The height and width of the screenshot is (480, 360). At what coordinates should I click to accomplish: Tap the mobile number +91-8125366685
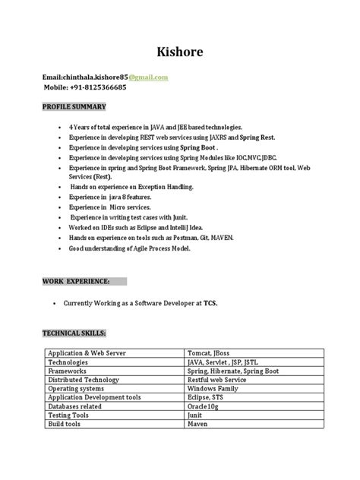tap(85, 87)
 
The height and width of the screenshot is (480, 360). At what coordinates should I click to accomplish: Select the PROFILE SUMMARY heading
tap(74, 106)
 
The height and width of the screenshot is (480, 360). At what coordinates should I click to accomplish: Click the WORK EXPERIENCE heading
tap(77, 281)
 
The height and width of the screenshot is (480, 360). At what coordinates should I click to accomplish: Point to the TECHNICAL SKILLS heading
tap(74, 333)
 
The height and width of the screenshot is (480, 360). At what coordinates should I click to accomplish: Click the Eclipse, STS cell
tap(208, 397)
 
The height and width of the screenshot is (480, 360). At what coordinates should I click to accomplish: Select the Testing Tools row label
tap(70, 415)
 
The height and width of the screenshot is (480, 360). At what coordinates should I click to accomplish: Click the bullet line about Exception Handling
tap(131, 186)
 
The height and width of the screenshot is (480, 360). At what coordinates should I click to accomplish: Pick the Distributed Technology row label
tap(84, 380)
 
